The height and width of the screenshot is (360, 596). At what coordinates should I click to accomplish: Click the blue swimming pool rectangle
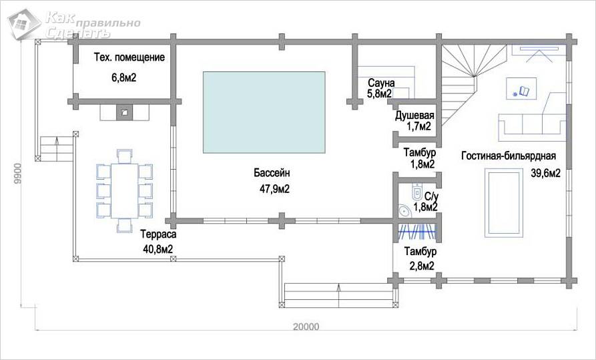tap(264, 112)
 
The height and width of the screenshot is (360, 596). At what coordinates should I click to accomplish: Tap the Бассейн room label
tap(272, 173)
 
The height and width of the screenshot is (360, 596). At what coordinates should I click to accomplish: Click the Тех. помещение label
tap(129, 57)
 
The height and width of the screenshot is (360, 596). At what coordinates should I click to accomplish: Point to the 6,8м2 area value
tap(124, 78)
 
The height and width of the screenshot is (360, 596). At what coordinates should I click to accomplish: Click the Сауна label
tap(381, 83)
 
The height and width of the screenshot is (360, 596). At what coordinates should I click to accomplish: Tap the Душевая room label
tap(414, 116)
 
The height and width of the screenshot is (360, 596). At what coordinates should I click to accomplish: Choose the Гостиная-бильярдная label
tap(509, 156)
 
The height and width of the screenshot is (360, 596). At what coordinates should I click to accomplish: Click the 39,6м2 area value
tap(546, 174)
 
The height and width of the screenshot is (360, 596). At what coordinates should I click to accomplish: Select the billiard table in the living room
tap(504, 203)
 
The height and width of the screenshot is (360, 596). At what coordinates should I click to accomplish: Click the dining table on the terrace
tap(125, 190)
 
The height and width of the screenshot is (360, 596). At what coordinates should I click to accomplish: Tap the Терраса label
tap(158, 234)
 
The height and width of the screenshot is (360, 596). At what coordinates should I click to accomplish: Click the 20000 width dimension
tap(306, 327)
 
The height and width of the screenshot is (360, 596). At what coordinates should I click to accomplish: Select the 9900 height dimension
tap(17, 174)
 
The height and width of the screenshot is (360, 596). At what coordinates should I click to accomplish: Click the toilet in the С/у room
tap(416, 192)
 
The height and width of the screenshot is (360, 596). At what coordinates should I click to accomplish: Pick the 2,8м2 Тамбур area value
tap(422, 266)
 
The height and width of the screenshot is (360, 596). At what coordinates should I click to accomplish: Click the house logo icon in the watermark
tap(23, 24)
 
